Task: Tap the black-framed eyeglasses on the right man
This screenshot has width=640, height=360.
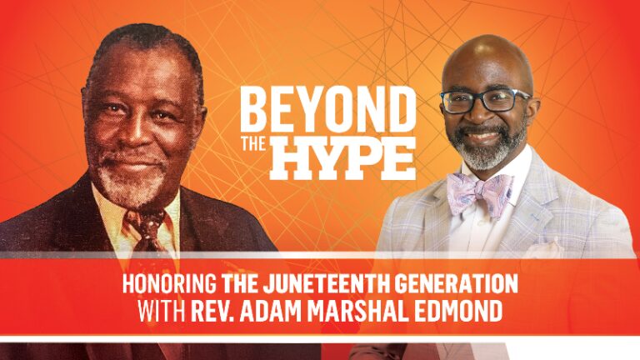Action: [x=484, y=101]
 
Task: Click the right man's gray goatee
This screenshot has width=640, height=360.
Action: [x=491, y=154]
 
